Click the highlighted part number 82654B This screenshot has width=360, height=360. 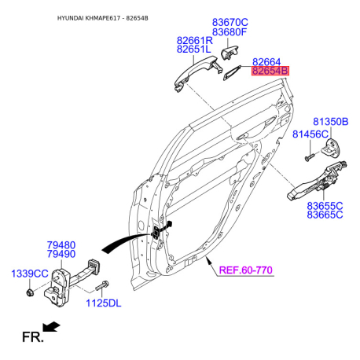(270, 71)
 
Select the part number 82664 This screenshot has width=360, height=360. (266, 62)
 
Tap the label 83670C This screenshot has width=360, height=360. (230, 22)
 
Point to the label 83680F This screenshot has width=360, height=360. (230, 32)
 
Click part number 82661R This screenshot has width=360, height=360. (195, 41)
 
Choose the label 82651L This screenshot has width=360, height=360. (194, 49)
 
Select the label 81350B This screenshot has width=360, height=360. (331, 122)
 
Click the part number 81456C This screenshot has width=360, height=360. (310, 134)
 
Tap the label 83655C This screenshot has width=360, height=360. (325, 206)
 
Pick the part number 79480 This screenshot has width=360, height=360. (61, 245)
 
